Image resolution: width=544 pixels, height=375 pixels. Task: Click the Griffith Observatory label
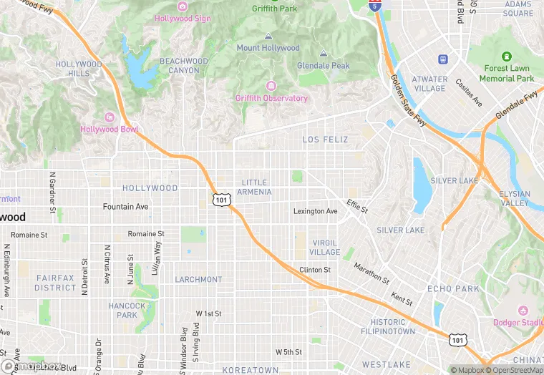click(x=271, y=98)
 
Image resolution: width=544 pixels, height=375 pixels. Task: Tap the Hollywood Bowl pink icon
click(x=110, y=117)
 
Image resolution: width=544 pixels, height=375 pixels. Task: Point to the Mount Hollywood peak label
click(x=268, y=48)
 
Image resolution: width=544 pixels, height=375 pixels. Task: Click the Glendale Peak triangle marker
click(x=324, y=54)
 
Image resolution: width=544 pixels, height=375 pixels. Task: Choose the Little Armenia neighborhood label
click(x=256, y=187)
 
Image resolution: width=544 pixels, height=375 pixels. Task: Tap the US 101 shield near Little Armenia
click(x=221, y=200)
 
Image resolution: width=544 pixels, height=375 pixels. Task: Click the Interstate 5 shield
click(x=375, y=5)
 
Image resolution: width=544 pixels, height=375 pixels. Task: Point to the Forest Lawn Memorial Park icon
click(x=507, y=57)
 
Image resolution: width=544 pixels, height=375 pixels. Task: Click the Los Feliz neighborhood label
click(x=325, y=139)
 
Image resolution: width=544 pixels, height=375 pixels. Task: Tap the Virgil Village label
click(x=326, y=248)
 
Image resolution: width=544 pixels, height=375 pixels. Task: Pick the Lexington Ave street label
click(x=315, y=211)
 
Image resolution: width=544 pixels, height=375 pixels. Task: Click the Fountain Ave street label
click(x=125, y=207)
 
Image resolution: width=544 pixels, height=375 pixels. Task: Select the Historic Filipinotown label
click(x=387, y=327)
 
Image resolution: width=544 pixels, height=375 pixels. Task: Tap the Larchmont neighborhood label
click(x=198, y=279)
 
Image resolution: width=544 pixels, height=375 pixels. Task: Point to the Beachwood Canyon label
click(x=184, y=65)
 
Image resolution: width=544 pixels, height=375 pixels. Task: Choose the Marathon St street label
click(x=371, y=273)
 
